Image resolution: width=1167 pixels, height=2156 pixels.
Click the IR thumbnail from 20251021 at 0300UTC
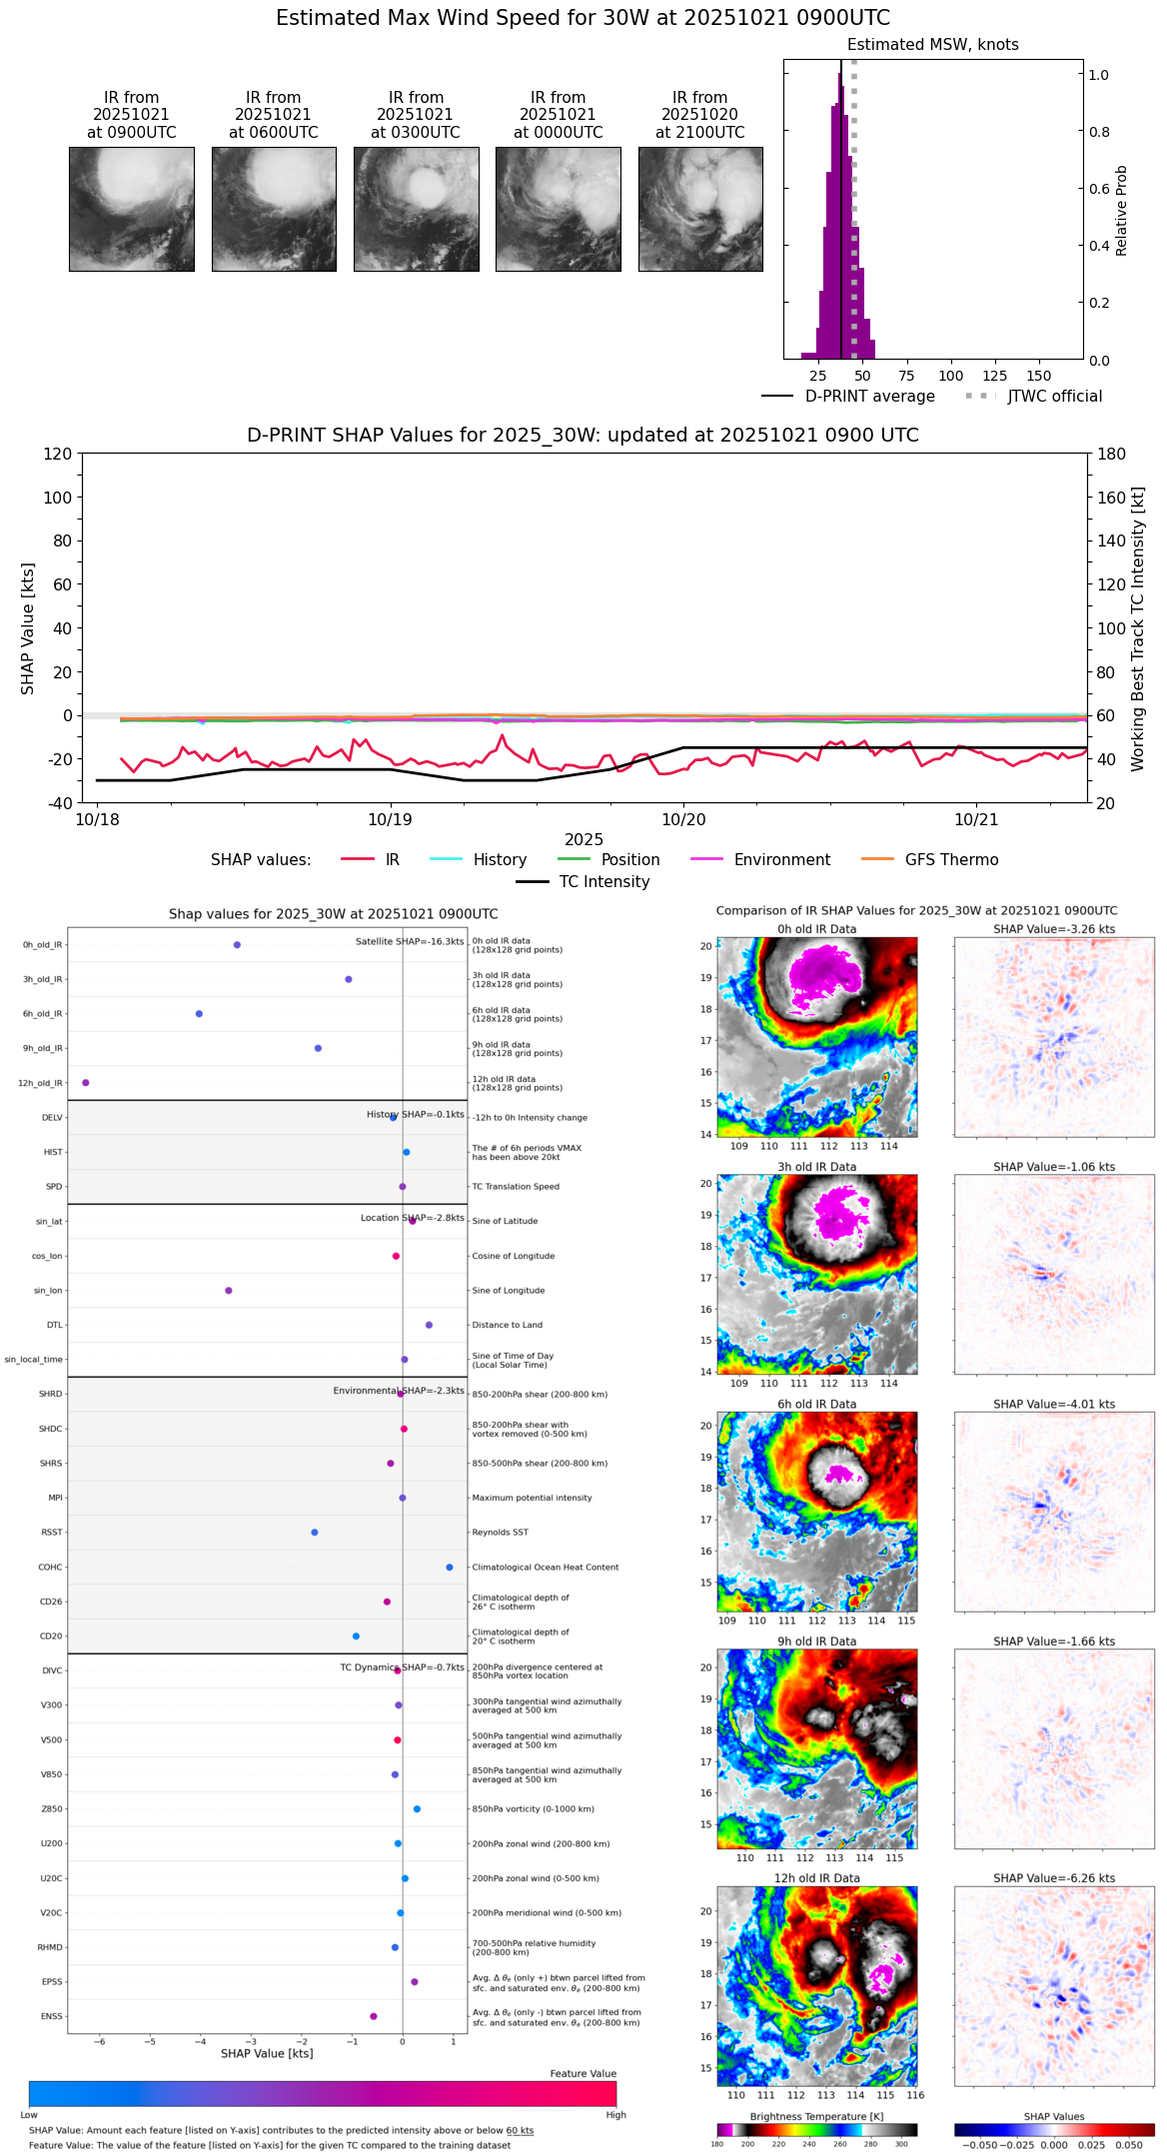pos(416,209)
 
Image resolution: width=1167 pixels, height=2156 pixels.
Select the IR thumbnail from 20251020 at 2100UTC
pos(700,209)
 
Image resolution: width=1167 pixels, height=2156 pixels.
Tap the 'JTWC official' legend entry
pos(1054,397)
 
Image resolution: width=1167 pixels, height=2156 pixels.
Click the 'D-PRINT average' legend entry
pos(869,397)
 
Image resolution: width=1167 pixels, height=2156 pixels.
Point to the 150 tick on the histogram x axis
pos(1039,376)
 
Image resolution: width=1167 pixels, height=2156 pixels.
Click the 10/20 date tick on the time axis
pos(683,819)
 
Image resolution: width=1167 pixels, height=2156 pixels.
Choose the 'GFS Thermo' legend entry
pos(951,860)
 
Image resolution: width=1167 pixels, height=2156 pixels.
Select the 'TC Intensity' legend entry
pos(603,882)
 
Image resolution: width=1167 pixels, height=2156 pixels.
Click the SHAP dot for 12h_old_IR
pos(86,1083)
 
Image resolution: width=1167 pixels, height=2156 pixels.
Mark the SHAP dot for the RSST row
pos(315,1533)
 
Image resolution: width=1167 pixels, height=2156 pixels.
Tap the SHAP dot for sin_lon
pos(229,1291)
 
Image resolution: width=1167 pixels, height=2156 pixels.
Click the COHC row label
pos(50,1568)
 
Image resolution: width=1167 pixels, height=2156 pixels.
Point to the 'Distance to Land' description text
pos(507,1326)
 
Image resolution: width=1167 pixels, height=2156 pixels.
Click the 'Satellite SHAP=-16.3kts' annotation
pos(410,942)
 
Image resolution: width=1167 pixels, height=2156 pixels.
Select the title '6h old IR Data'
pos(816,1405)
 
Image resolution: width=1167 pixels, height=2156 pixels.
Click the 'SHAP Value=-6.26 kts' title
pos(1054,1879)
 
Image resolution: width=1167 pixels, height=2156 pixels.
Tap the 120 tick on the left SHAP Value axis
pos(58,455)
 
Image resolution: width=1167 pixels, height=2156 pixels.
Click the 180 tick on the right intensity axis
pos(1112,455)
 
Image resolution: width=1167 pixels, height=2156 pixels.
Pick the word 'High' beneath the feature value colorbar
pos(615,2115)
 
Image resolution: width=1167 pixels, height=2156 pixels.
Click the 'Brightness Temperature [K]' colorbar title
pos(816,2117)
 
